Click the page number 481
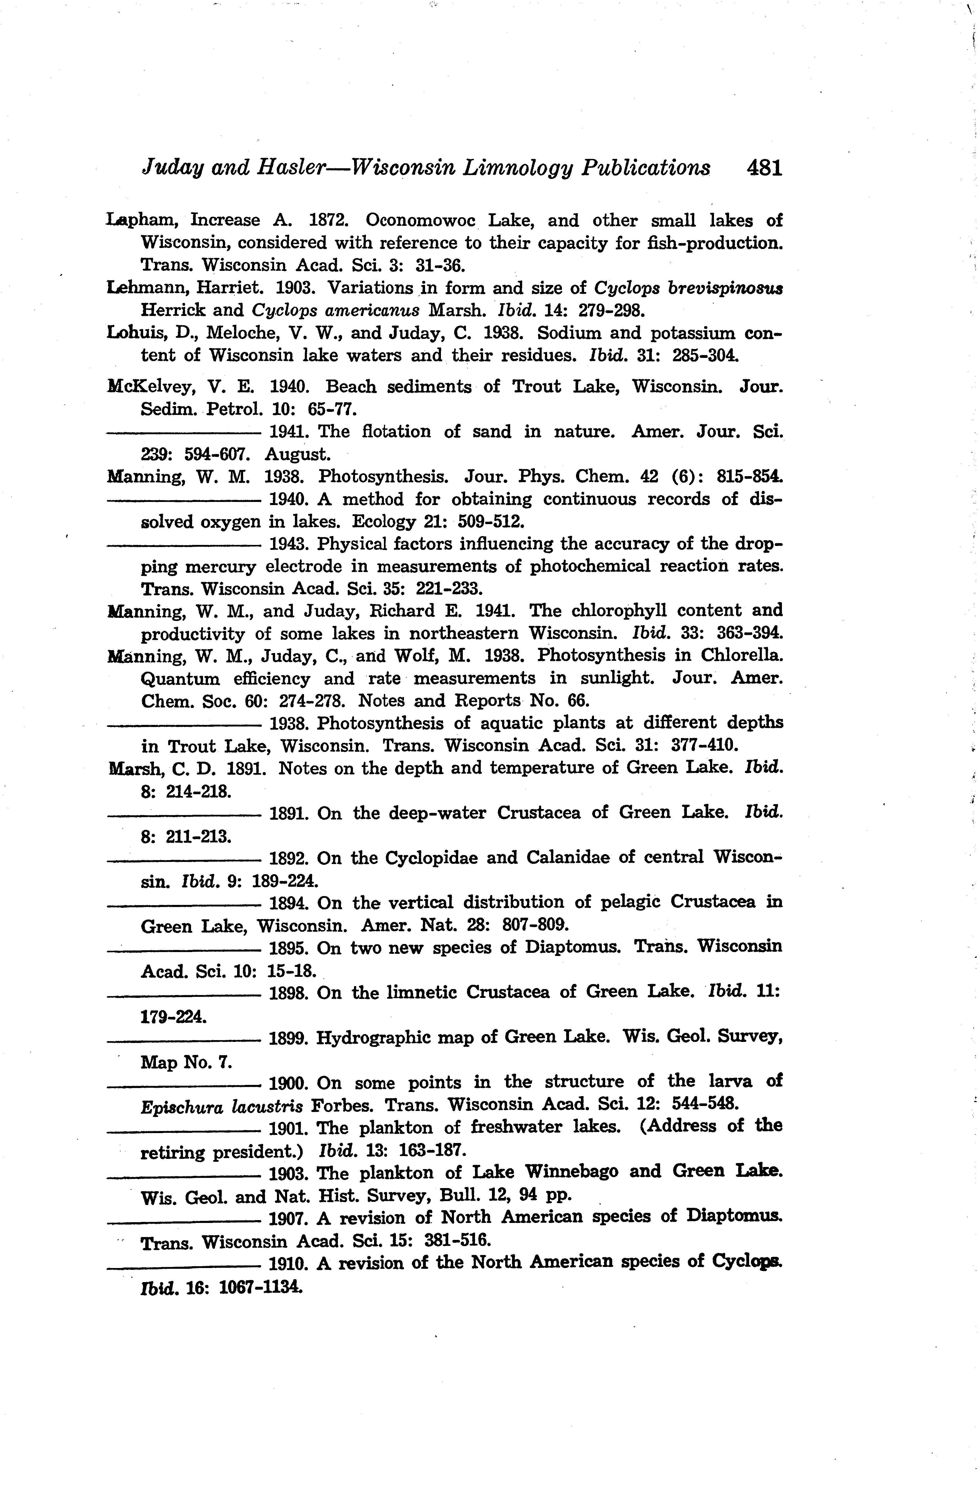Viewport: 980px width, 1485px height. pos(764,168)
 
